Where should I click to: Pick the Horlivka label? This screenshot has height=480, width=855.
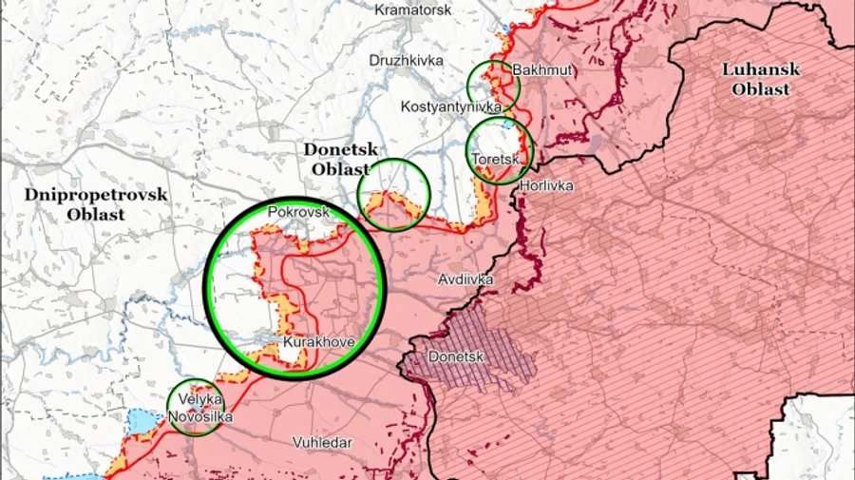546,186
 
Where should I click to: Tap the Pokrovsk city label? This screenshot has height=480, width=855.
298,212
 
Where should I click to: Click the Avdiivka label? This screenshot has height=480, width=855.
465,280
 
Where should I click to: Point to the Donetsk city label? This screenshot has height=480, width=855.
457,357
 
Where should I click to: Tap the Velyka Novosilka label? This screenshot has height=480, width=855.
199,409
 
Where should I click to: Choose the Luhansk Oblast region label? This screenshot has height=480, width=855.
761,79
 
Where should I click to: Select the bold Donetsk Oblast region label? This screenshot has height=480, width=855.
340,160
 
